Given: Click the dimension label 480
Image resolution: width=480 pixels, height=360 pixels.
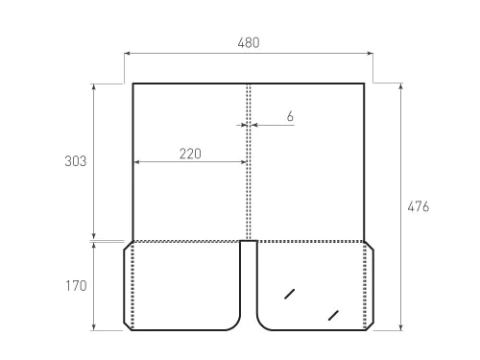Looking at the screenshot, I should pyautogui.click(x=248, y=42).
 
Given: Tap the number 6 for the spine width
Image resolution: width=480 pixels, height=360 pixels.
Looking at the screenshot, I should pyautogui.click(x=290, y=116).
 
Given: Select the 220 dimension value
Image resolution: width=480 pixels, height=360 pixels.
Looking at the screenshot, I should pyautogui.click(x=189, y=154).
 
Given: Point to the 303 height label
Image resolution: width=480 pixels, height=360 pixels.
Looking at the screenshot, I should pyautogui.click(x=76, y=161).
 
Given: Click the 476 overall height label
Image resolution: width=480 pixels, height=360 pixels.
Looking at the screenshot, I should pyautogui.click(x=418, y=206).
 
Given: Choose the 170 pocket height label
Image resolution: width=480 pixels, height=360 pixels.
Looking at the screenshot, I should pyautogui.click(x=76, y=286).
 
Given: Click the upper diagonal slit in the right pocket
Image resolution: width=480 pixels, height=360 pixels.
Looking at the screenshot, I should pyautogui.click(x=289, y=292).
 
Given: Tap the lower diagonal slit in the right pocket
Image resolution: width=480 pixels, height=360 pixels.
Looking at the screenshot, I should pyautogui.click(x=333, y=314).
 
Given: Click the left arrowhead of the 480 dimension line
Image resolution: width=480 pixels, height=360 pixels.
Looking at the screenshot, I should pyautogui.click(x=126, y=54).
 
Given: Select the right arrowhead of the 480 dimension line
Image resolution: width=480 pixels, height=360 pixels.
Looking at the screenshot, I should pyautogui.click(x=371, y=54).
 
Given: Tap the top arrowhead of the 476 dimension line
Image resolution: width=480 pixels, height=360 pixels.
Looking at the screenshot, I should pyautogui.click(x=401, y=85).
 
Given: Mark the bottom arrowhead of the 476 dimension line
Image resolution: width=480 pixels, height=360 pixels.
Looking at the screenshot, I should pyautogui.click(x=401, y=328).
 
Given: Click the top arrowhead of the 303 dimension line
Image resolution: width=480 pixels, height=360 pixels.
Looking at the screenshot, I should pyautogui.click(x=93, y=85).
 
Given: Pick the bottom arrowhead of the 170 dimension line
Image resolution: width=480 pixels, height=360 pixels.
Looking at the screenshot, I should pyautogui.click(x=93, y=328).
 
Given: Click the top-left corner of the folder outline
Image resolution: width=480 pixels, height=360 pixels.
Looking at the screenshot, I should pyautogui.click(x=132, y=84).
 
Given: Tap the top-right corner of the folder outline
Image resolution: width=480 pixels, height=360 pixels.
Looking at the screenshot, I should pyautogui.click(x=364, y=84).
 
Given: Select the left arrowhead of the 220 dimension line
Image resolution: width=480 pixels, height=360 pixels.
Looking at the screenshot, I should pyautogui.click(x=135, y=162).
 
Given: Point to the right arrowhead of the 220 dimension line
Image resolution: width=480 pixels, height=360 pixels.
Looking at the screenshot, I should pyautogui.click(x=244, y=162).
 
